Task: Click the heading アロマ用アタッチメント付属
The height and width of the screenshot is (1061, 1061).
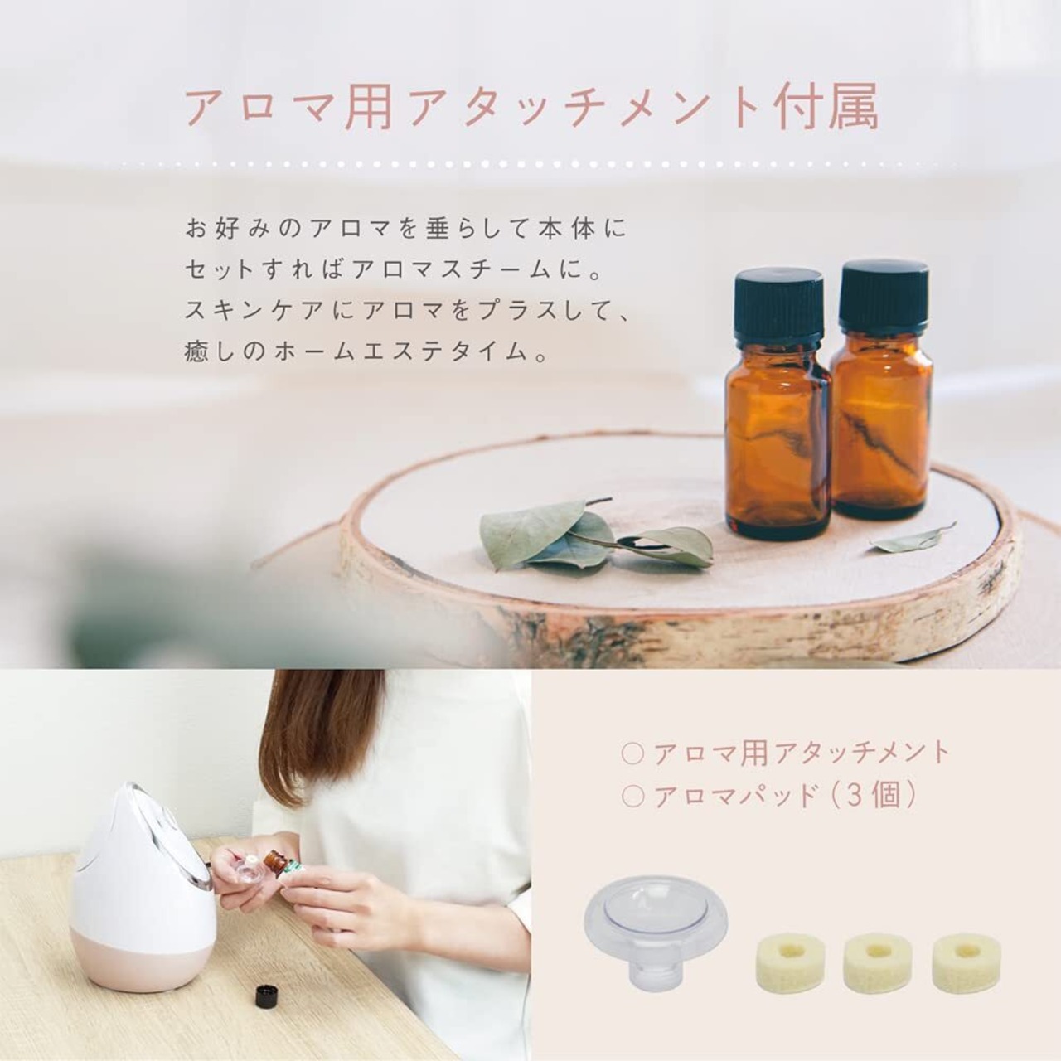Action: click(531, 107)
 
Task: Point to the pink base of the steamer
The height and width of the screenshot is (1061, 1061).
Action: click(142, 952)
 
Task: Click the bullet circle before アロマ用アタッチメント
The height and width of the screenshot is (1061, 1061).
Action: click(632, 753)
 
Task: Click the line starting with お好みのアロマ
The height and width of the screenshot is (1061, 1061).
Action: click(406, 229)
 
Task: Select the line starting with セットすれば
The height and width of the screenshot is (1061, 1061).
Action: click(393, 270)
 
